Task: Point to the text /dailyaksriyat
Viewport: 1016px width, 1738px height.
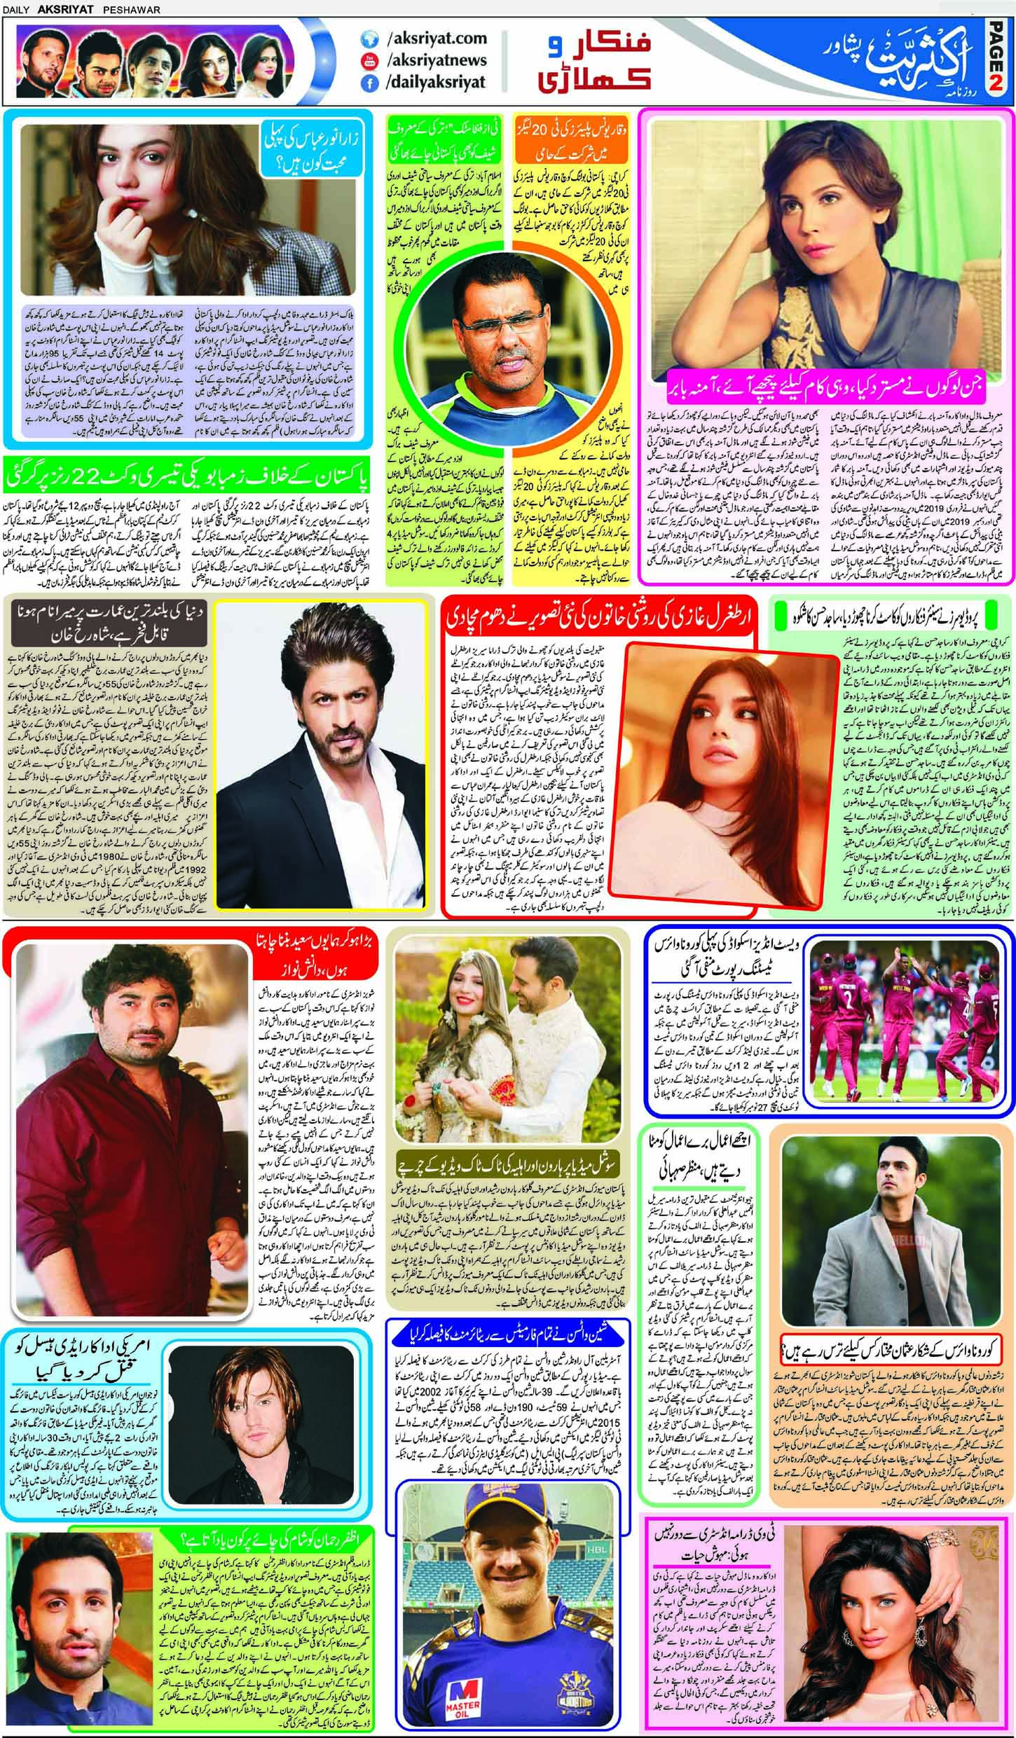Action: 435,83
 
